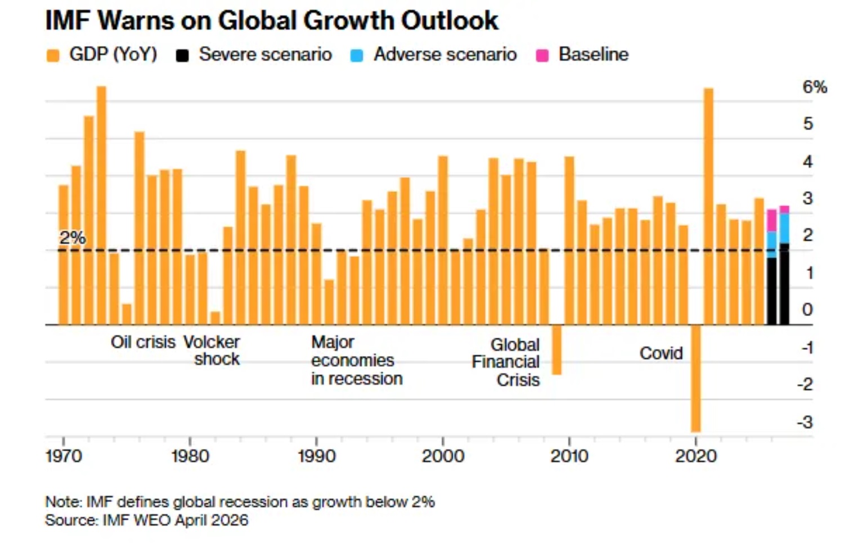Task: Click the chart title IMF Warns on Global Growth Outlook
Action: point(271,21)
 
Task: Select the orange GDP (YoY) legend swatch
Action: point(53,55)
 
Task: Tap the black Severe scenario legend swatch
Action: point(182,55)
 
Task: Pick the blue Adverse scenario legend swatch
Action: point(357,55)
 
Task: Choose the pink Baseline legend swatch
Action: point(542,55)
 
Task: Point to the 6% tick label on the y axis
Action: point(814,87)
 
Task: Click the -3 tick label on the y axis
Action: point(805,422)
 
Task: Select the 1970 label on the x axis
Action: point(64,456)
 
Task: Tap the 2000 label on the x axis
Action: point(443,456)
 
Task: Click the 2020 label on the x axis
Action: point(696,456)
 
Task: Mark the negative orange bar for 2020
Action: point(696,379)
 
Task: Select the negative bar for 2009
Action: point(556,350)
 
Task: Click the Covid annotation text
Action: point(661,353)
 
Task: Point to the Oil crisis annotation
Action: point(143,342)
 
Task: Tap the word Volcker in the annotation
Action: point(212,342)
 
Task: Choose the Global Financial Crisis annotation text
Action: point(506,362)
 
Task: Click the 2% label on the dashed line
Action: point(73,238)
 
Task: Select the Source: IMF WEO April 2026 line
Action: point(147,520)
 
